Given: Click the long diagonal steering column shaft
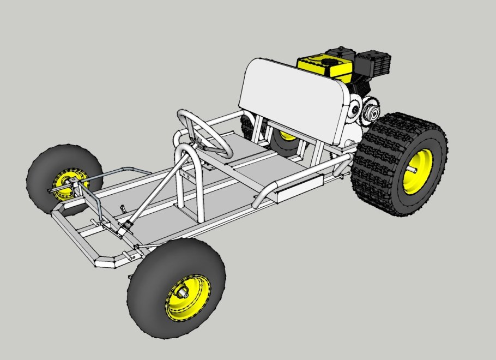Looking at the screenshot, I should pos(158,185).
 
